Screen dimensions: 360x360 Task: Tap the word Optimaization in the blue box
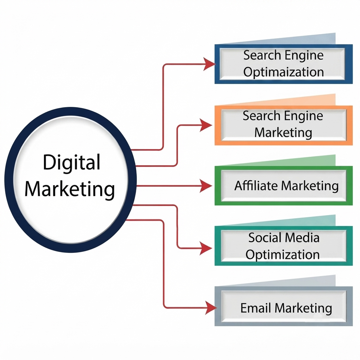(x=283, y=72)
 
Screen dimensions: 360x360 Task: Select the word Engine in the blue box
(x=304, y=56)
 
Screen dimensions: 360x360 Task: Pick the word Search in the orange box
(x=262, y=116)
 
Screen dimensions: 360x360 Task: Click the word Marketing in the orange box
(x=283, y=133)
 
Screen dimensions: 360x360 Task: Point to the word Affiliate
(x=256, y=186)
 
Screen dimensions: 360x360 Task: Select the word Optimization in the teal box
(x=283, y=255)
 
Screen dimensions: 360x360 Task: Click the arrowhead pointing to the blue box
(x=209, y=64)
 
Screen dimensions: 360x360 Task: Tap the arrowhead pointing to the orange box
(x=206, y=125)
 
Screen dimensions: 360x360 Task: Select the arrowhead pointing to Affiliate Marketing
(x=206, y=186)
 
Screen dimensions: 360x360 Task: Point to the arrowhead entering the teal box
(x=206, y=248)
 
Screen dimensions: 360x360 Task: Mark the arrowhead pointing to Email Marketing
(x=211, y=308)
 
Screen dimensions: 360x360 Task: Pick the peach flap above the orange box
(x=298, y=101)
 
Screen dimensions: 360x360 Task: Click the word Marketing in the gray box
(x=303, y=309)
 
